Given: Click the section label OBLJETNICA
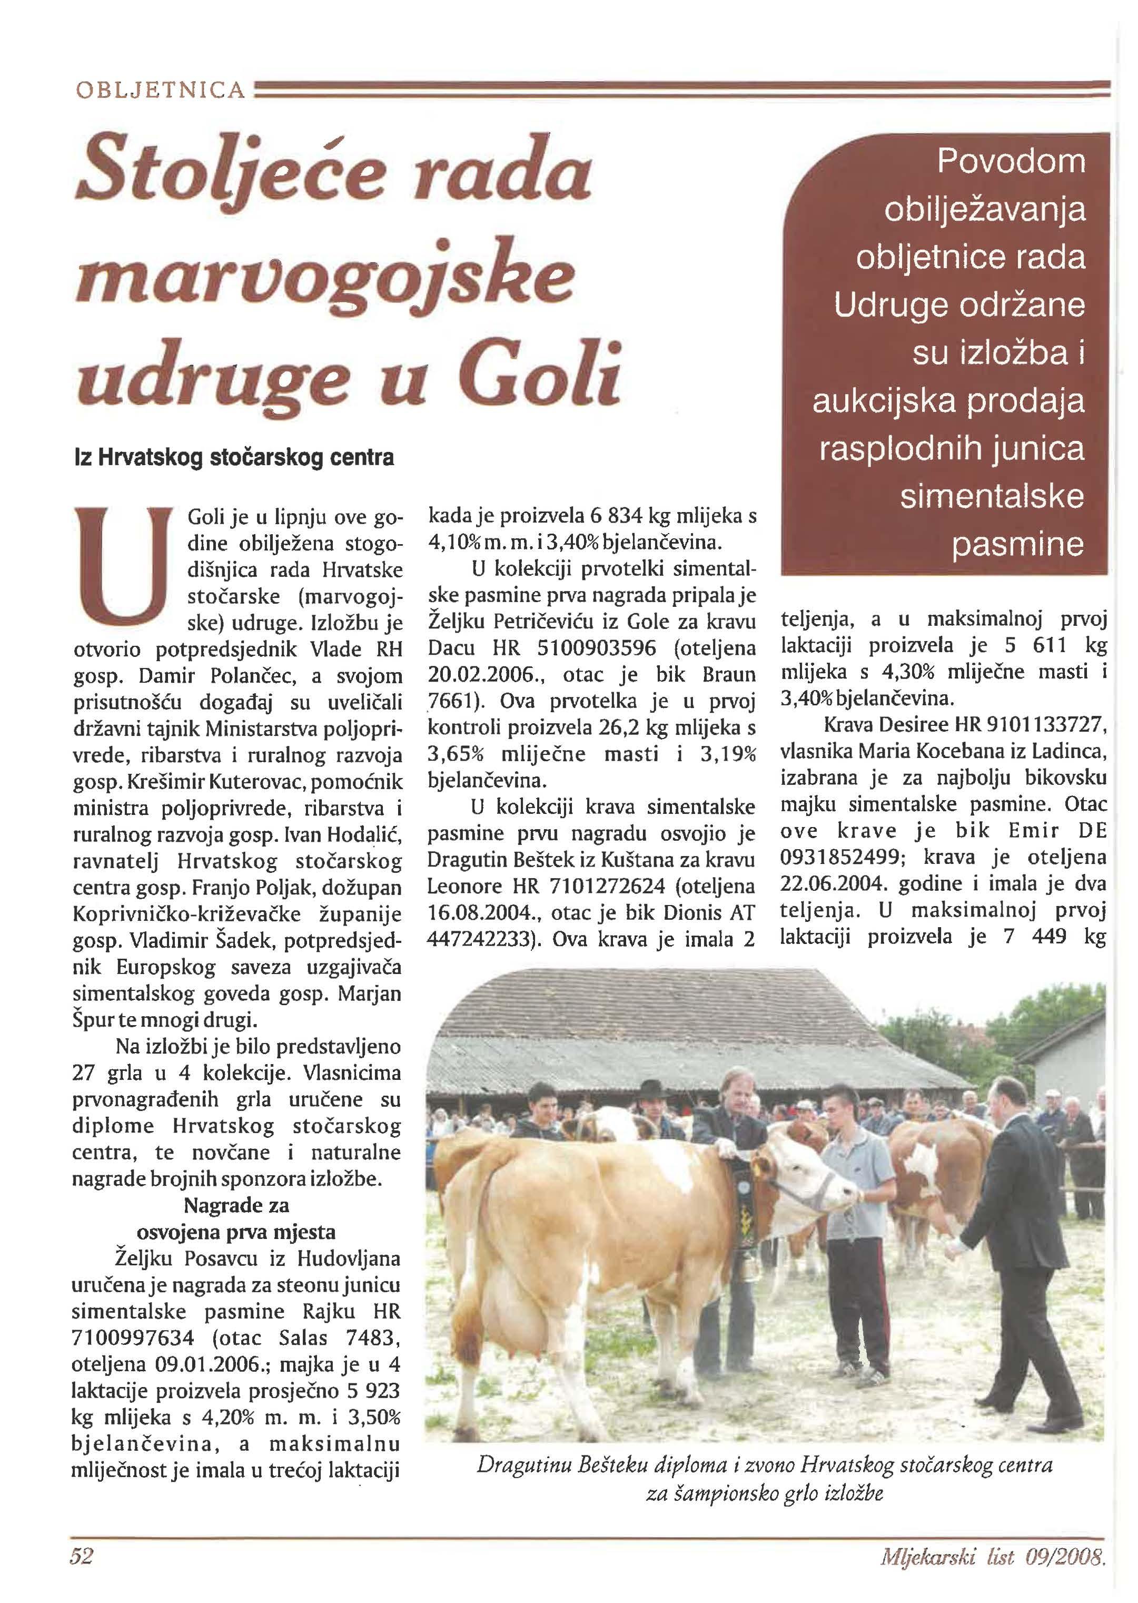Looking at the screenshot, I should [x=159, y=91].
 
